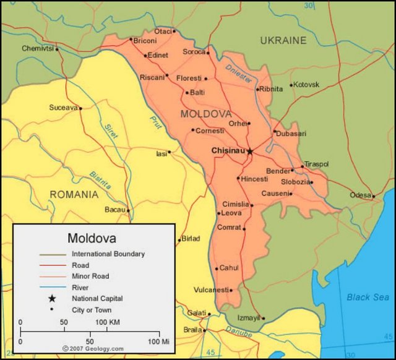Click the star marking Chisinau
tap(250, 151)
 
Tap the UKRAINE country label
tap(283, 41)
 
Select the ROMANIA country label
tap(74, 194)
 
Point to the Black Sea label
tap(367, 297)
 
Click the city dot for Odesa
tap(374, 197)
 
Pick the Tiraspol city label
tap(316, 164)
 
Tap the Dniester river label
tap(238, 74)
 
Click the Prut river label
tap(155, 123)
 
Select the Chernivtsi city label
tap(38, 48)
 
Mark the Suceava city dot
tap(80, 108)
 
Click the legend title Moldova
tap(92, 238)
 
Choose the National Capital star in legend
tap(53, 299)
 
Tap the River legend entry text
tap(80, 288)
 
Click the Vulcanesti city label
tap(210, 289)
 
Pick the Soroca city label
tap(193, 52)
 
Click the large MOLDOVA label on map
tap(206, 114)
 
